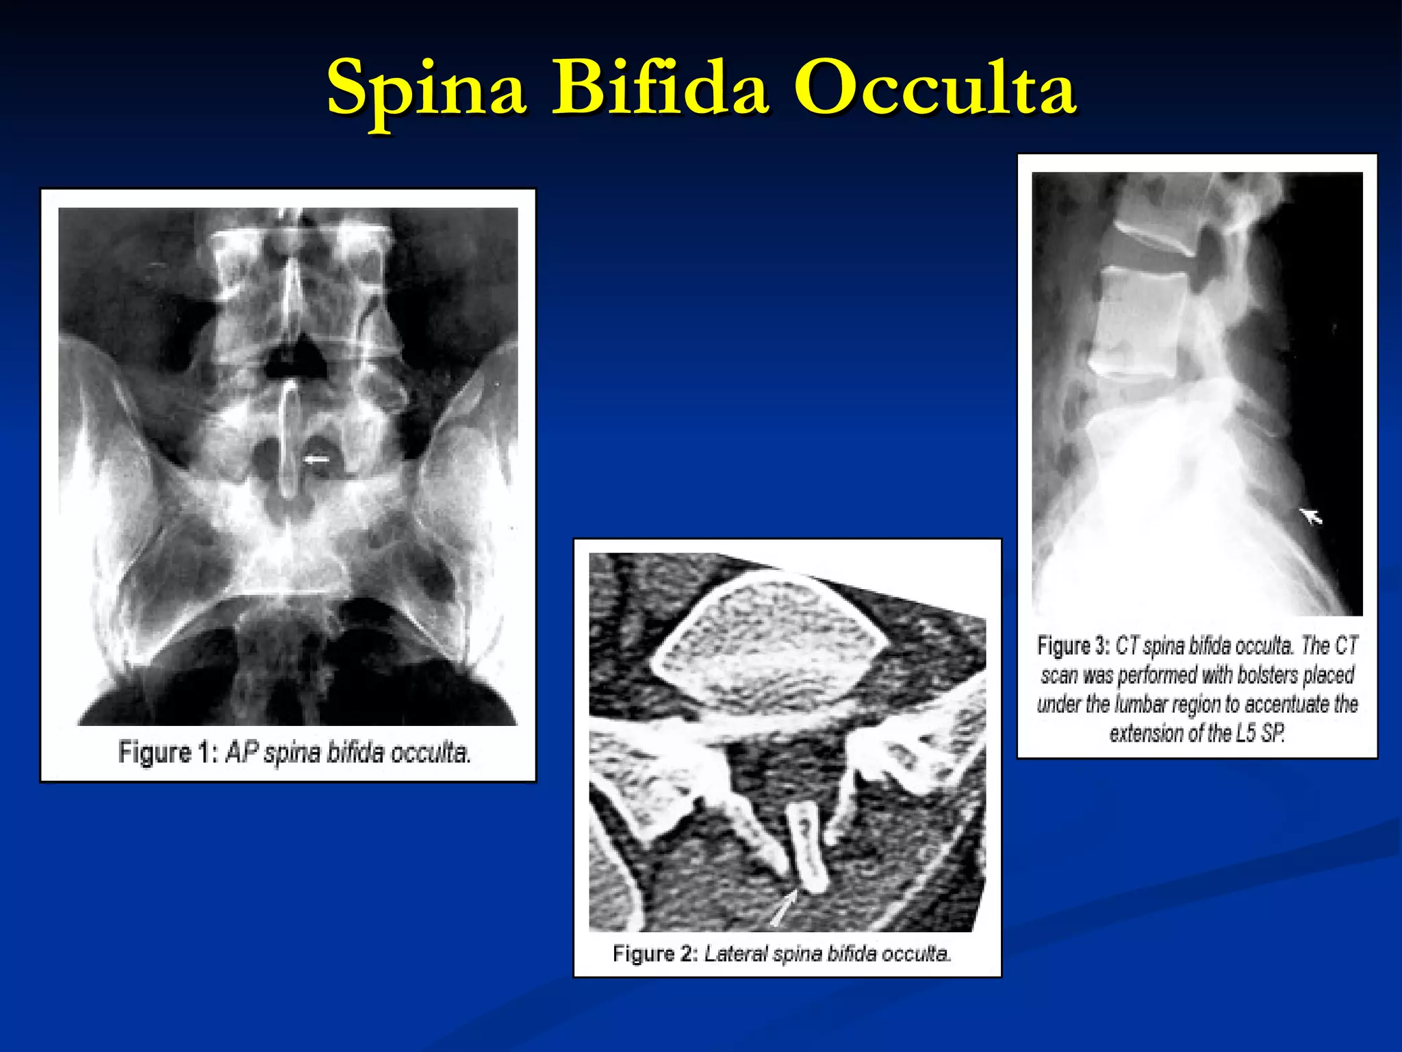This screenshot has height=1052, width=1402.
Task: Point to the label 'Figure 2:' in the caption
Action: pyautogui.click(x=654, y=953)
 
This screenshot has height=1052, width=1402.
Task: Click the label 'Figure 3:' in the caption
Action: pyautogui.click(x=1073, y=646)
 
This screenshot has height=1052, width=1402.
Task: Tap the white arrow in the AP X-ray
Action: pyautogui.click(x=316, y=460)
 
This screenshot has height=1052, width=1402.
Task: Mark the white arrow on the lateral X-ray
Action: pyautogui.click(x=1310, y=515)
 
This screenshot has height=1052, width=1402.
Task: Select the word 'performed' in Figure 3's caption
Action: pyautogui.click(x=1158, y=675)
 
